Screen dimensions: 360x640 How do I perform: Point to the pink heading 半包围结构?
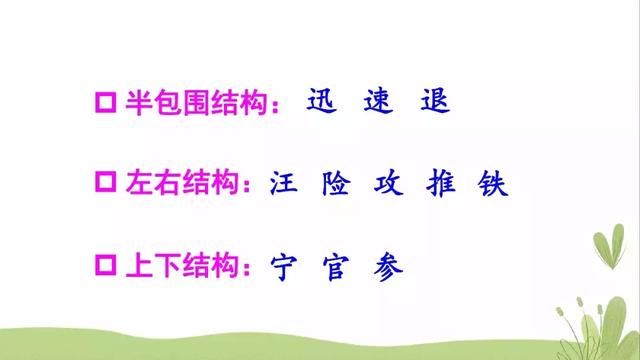click(193, 103)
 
